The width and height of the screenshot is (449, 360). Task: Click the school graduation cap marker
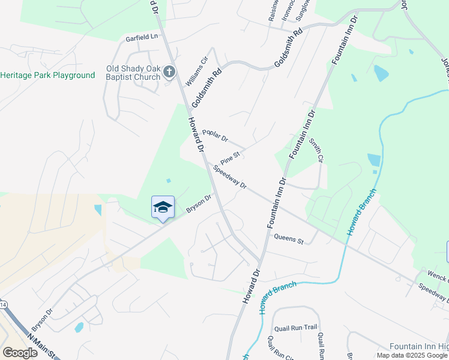pyautogui.click(x=163, y=208)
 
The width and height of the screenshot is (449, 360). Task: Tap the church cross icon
pyautogui.click(x=169, y=72)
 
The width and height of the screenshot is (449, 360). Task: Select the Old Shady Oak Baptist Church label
pyautogui.click(x=133, y=73)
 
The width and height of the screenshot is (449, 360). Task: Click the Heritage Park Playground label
pyautogui.click(x=48, y=76)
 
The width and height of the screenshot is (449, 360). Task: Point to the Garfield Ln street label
pyautogui.click(x=141, y=37)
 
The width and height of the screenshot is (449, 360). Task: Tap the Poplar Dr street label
pyautogui.click(x=215, y=136)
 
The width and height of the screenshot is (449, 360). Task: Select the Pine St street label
pyautogui.click(x=230, y=158)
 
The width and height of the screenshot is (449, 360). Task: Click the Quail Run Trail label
pyautogui.click(x=295, y=328)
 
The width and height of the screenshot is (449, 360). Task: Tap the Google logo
pyautogui.click(x=20, y=353)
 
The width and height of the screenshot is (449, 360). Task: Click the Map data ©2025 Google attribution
pyautogui.click(x=412, y=355)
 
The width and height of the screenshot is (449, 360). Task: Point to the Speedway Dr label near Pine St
pyautogui.click(x=231, y=176)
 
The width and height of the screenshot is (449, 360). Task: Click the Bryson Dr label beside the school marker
pyautogui.click(x=199, y=203)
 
